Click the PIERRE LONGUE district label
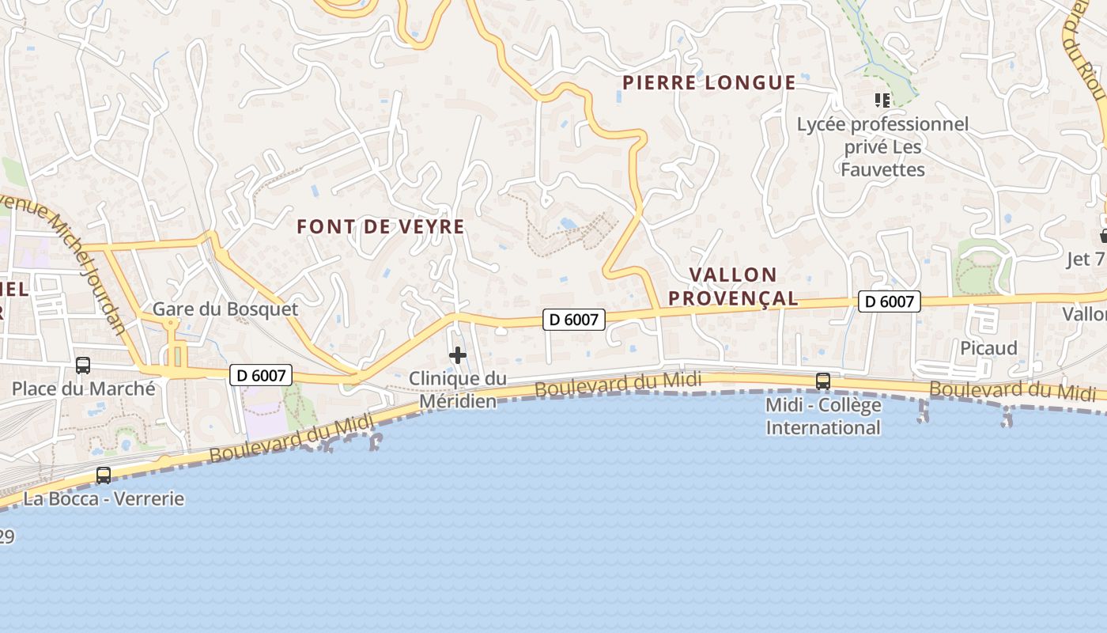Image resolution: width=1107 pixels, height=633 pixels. pyautogui.click(x=708, y=82)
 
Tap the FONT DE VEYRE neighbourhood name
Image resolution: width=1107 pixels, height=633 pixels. pyautogui.click(x=380, y=227)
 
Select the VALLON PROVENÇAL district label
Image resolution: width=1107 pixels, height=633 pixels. pyautogui.click(x=743, y=286)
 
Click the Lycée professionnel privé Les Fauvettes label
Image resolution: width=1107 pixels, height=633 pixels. pyautogui.click(x=882, y=147)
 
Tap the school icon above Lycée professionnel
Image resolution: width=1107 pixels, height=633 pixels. pyautogui.click(x=882, y=100)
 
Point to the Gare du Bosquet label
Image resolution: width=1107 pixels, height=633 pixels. pyautogui.click(x=225, y=309)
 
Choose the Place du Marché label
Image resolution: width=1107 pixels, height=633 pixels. pyautogui.click(x=83, y=389)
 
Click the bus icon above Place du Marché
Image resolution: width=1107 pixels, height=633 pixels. pyautogui.click(x=83, y=366)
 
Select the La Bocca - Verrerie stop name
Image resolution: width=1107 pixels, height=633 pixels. pyautogui.click(x=104, y=499)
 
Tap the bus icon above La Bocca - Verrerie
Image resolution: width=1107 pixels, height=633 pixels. pyautogui.click(x=104, y=476)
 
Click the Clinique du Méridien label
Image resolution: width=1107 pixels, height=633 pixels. pyautogui.click(x=458, y=390)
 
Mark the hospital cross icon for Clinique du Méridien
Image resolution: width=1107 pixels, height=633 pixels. pyautogui.click(x=458, y=355)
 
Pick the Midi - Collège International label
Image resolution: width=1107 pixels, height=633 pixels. pyautogui.click(x=823, y=417)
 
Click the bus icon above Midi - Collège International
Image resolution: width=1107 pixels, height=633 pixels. pyautogui.click(x=823, y=381)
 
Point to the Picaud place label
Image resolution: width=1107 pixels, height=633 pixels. pyautogui.click(x=988, y=348)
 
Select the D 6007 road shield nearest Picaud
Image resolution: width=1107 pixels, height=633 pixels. pyautogui.click(x=890, y=301)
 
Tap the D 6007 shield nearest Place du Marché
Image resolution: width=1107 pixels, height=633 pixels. pyautogui.click(x=261, y=375)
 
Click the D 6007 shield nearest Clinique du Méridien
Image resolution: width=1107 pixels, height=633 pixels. pyautogui.click(x=574, y=320)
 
